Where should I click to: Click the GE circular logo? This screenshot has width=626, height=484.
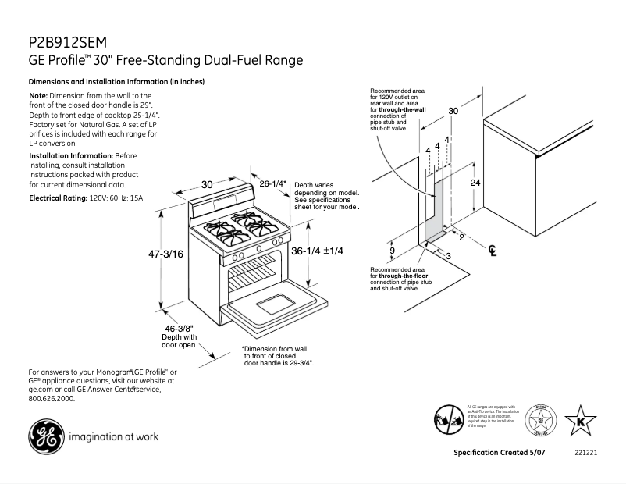click(x=46, y=437)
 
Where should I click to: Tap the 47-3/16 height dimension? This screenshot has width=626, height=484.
click(x=165, y=254)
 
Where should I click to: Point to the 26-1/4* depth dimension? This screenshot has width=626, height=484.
click(x=273, y=184)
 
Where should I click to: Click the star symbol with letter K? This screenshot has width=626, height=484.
click(x=580, y=420)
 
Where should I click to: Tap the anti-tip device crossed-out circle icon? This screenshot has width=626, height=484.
click(x=449, y=420)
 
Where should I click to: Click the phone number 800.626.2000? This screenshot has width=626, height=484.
click(x=52, y=398)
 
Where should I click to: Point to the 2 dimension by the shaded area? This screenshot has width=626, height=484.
click(x=461, y=237)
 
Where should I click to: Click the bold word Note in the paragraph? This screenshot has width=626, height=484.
click(x=37, y=95)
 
